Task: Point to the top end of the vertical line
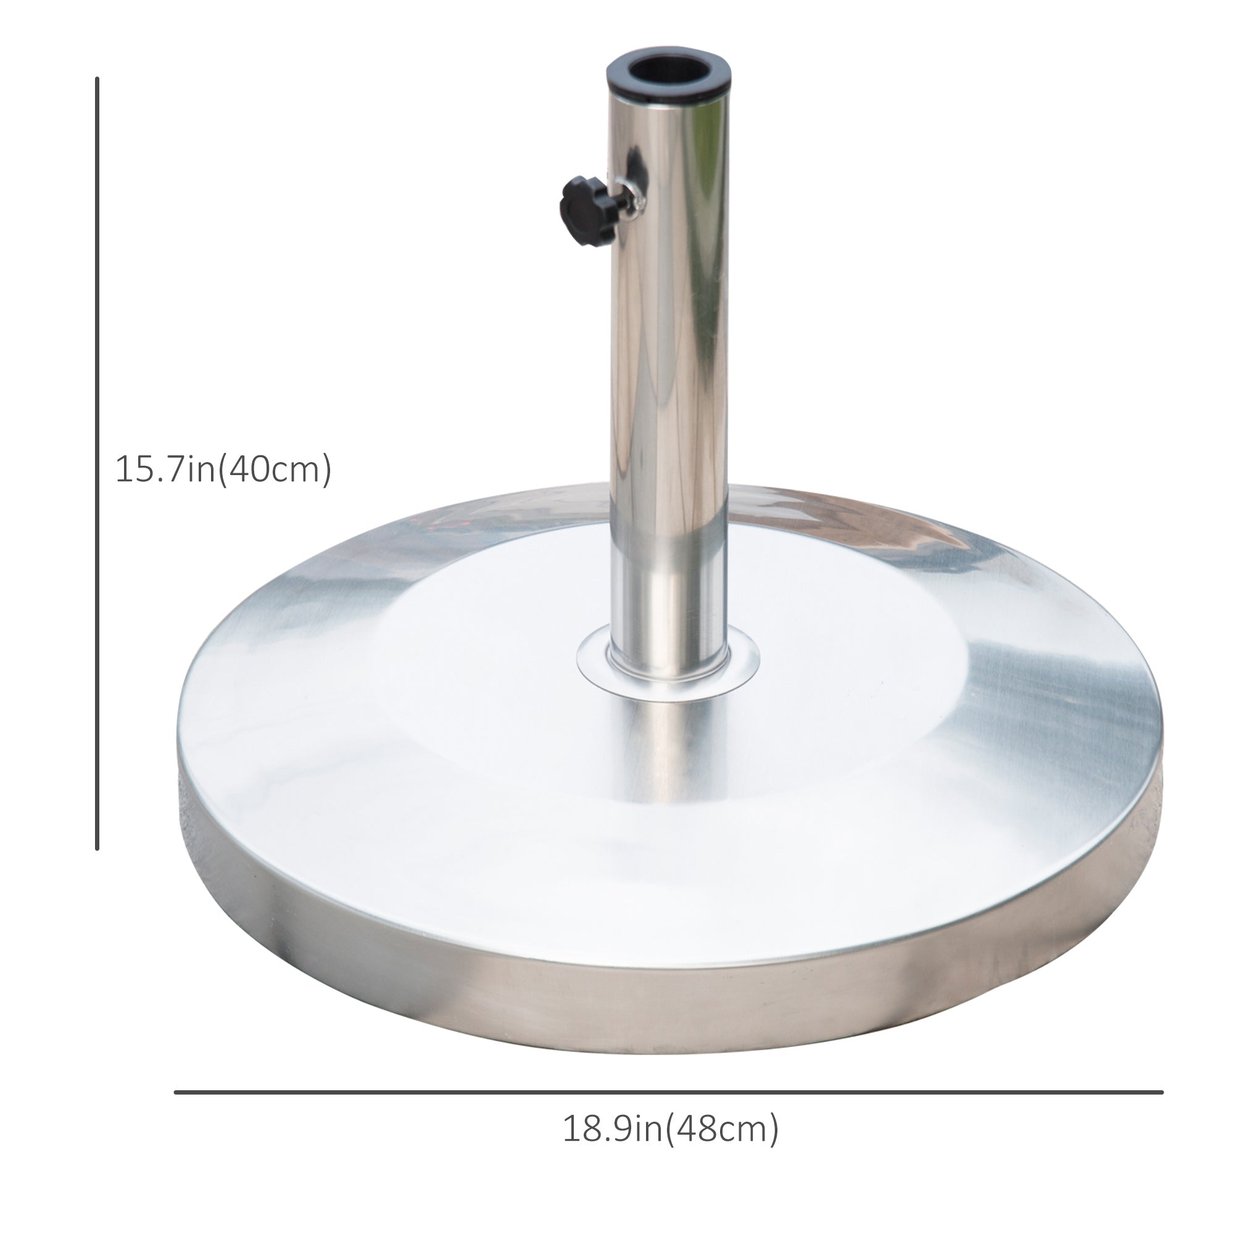pos(97,80)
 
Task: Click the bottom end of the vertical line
pos(97,848)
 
